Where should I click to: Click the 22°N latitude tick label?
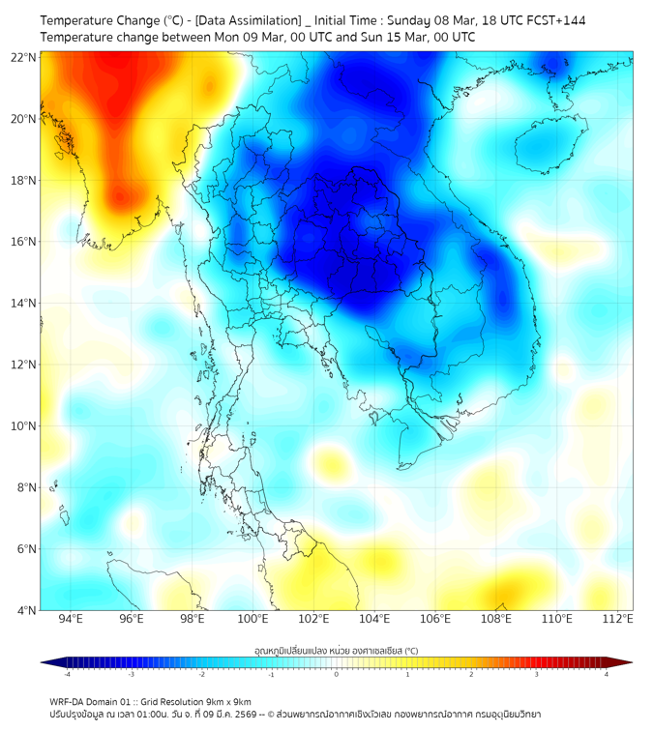click(24, 57)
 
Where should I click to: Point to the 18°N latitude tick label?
click(24, 180)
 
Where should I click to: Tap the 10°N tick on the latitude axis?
click(24, 425)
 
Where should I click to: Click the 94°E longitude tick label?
click(70, 619)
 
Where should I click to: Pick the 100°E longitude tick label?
click(253, 619)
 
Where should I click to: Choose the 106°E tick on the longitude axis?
click(435, 619)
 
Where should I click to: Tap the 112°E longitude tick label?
click(618, 619)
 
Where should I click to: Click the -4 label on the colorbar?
click(67, 674)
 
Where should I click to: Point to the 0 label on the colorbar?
click(337, 674)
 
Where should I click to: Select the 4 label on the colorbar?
click(607, 674)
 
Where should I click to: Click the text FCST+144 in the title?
click(555, 19)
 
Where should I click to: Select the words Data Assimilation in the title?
click(249, 19)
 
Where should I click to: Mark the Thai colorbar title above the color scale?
click(336, 650)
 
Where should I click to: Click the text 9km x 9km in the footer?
click(227, 701)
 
